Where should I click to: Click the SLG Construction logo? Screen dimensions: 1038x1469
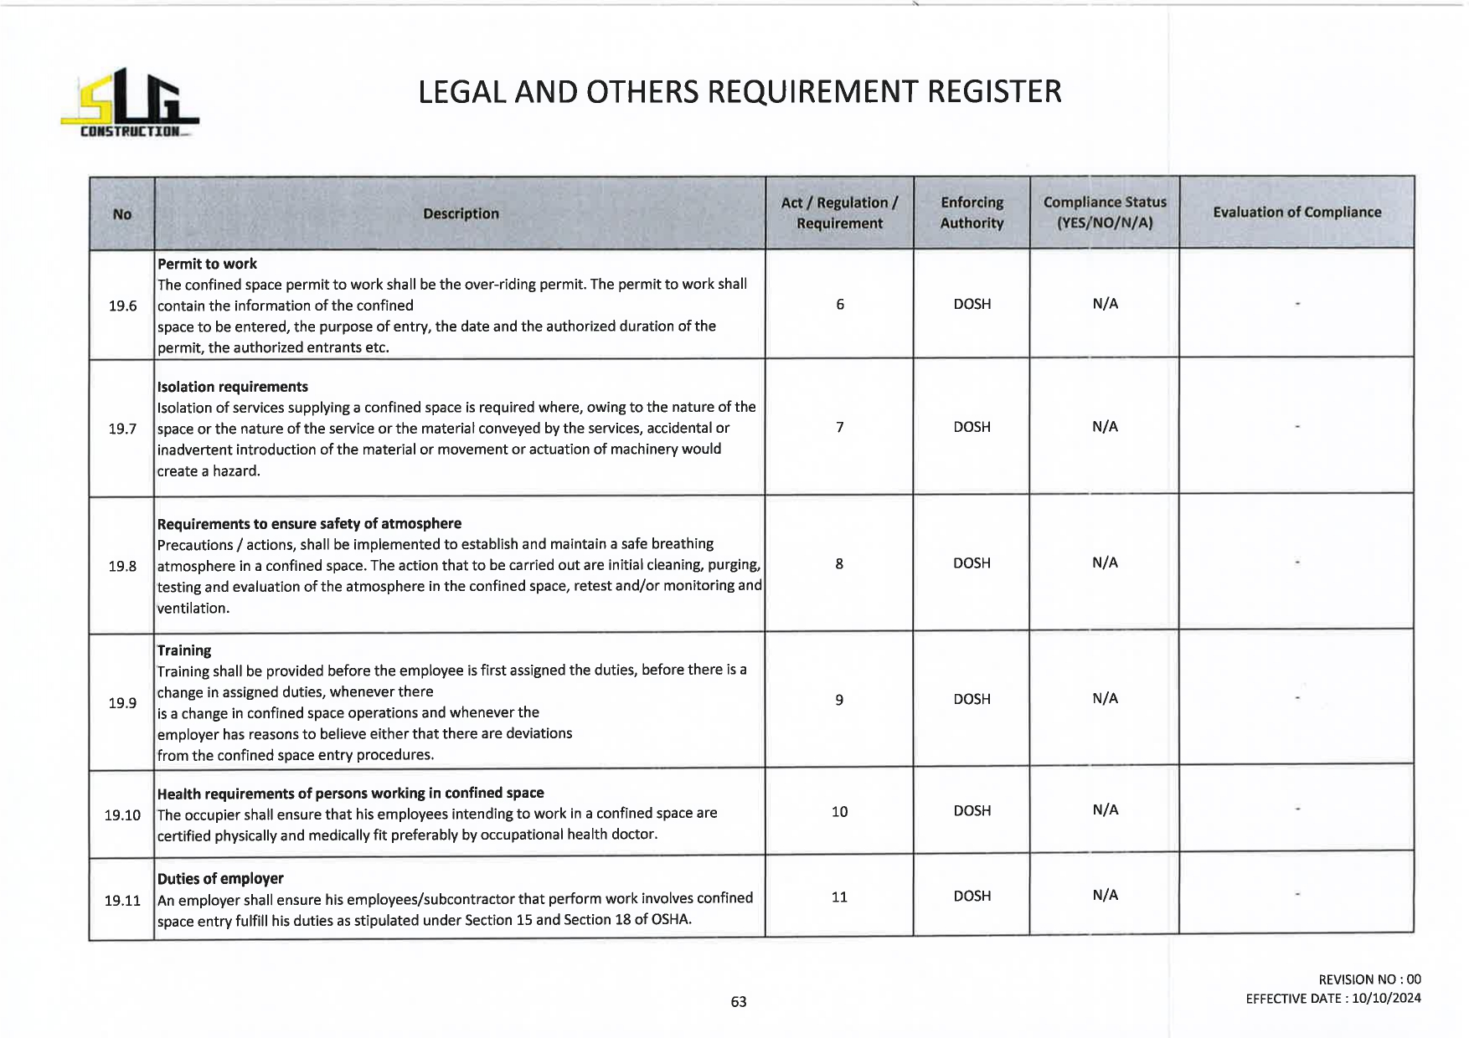coord(130,104)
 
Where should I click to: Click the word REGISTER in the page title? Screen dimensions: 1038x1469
coord(993,92)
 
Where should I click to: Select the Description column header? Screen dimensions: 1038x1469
coord(461,214)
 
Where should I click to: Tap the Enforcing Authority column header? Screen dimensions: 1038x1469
coord(972,213)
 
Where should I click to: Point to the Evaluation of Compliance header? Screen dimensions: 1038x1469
coord(1296,213)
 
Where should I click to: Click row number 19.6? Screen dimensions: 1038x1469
coord(122,306)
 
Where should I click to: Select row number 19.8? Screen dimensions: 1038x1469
coord(122,566)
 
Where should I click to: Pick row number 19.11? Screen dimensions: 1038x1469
coord(122,901)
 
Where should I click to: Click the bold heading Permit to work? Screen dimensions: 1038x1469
coord(207,264)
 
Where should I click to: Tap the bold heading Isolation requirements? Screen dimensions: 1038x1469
coord(232,387)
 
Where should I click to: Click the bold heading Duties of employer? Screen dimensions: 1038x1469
coord(220,878)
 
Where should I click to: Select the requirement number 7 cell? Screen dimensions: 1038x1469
coord(839,428)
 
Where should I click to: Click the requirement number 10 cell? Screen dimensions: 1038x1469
coord(839,811)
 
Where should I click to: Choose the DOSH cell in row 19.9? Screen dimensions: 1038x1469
coord(972,699)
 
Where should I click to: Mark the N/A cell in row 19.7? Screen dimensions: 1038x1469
coord(1105,427)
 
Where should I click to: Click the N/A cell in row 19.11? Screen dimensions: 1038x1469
coord(1105,895)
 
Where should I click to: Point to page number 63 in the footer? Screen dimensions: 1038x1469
coord(738,1002)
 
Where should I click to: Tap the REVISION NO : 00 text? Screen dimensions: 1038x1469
coord(1369,979)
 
